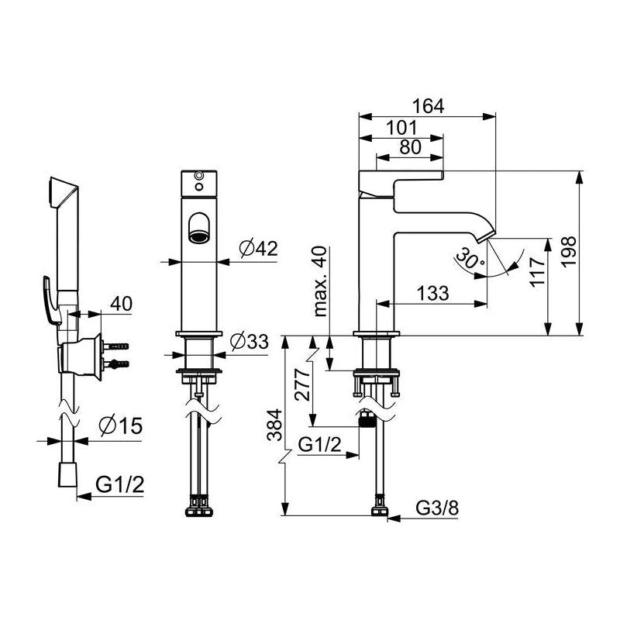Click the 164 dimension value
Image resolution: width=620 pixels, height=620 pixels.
point(429,106)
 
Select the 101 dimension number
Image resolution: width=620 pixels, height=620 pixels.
point(401,128)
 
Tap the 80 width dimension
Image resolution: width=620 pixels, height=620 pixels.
point(410,147)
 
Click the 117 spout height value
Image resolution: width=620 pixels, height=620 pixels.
point(537,272)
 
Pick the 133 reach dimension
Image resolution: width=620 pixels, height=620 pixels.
point(433,294)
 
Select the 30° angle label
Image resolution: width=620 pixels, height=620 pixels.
point(470,259)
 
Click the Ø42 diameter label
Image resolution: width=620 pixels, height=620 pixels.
point(259,248)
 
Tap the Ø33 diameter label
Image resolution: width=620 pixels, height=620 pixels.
point(249,341)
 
